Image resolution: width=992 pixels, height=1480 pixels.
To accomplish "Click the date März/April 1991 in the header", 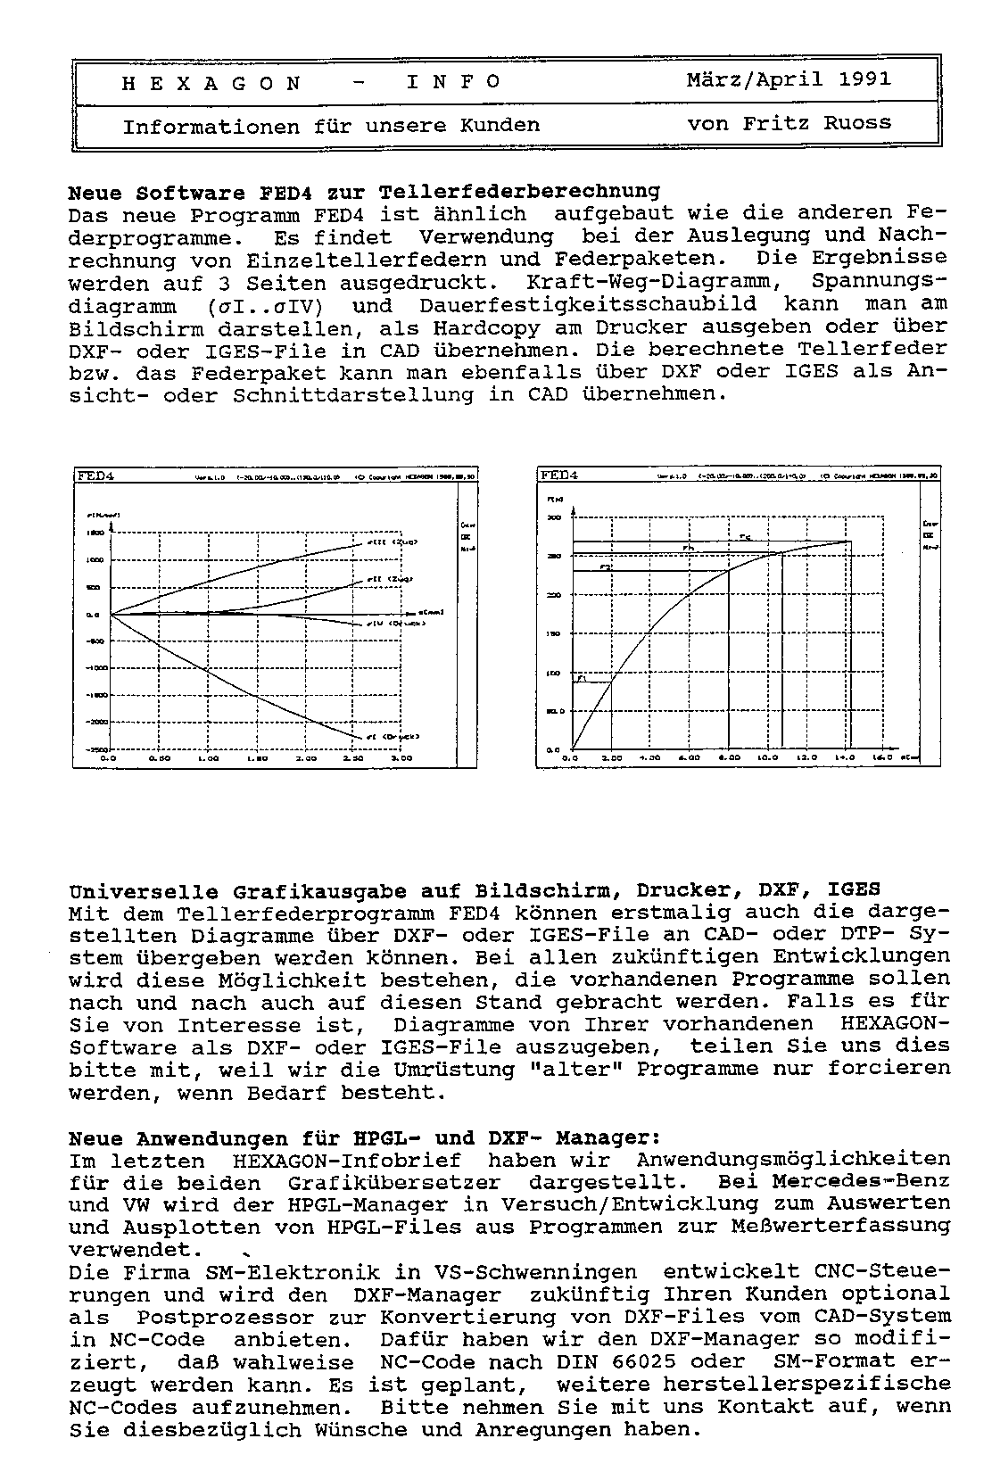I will pos(789,79).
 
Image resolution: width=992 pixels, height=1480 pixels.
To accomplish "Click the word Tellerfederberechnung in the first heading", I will pos(519,191).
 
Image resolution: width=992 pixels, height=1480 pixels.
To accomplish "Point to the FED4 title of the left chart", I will pos(95,475).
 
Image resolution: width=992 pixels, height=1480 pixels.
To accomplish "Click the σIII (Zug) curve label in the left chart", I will pos(393,542).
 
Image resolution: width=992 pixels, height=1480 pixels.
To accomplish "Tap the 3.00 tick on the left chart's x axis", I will pos(403,758).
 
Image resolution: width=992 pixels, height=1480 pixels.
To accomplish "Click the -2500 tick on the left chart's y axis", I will pos(95,750).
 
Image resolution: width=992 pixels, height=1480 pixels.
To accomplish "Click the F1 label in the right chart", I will pos(581,679).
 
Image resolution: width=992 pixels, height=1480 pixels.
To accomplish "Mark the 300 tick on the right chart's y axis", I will pos(554,517).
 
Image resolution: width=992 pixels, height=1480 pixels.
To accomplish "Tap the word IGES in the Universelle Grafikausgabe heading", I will pos(854,889).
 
